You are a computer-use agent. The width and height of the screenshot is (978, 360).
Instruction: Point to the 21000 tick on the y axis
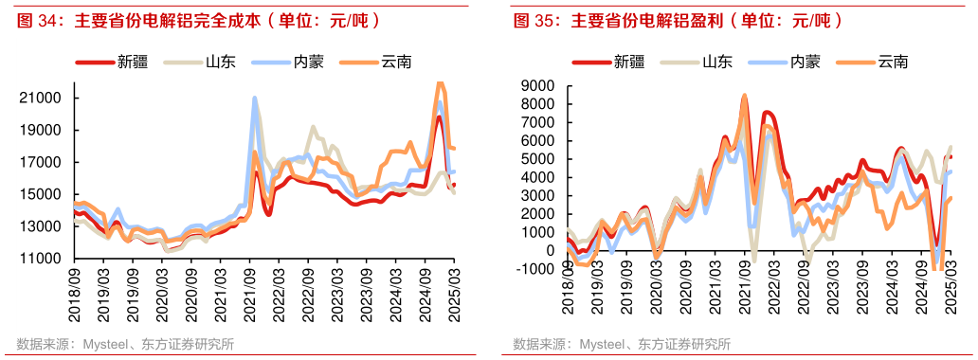(x=42, y=98)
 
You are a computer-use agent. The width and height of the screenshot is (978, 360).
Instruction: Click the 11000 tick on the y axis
(x=42, y=259)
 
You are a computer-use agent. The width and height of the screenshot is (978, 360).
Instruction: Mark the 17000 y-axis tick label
(x=42, y=162)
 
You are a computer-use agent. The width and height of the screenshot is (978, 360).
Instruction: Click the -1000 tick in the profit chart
(x=539, y=269)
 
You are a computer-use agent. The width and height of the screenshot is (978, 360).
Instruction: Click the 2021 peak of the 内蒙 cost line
(x=254, y=99)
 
